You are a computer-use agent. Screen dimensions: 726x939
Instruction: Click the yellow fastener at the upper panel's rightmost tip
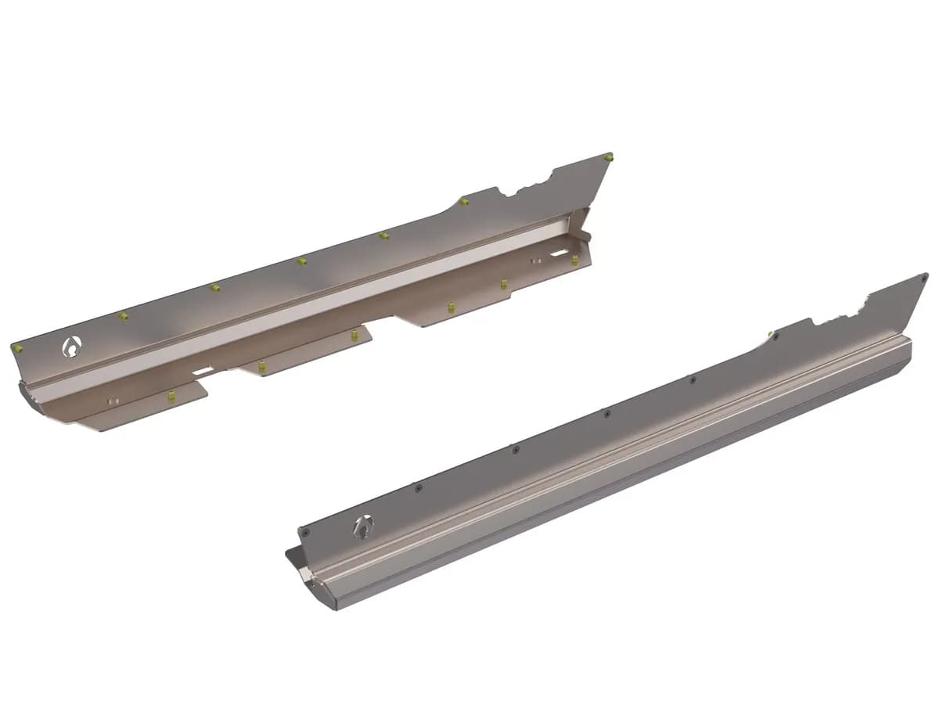tap(610, 156)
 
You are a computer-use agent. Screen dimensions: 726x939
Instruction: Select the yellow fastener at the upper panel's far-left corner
tap(17, 347)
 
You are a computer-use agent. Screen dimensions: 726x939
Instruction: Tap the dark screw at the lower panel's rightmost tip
tap(925, 276)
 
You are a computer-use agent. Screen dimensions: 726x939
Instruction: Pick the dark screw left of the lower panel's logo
tap(305, 531)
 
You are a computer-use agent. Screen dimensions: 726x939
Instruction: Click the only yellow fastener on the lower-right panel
tap(772, 335)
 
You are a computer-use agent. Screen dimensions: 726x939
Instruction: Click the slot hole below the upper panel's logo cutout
tap(202, 368)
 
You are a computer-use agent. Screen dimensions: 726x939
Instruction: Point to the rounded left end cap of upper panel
tap(31, 395)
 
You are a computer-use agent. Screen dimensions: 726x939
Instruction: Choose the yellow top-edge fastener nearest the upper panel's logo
tap(123, 316)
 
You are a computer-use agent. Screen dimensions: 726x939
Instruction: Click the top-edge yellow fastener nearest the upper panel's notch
tap(464, 201)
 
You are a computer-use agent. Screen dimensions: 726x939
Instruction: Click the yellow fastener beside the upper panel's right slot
tap(575, 260)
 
